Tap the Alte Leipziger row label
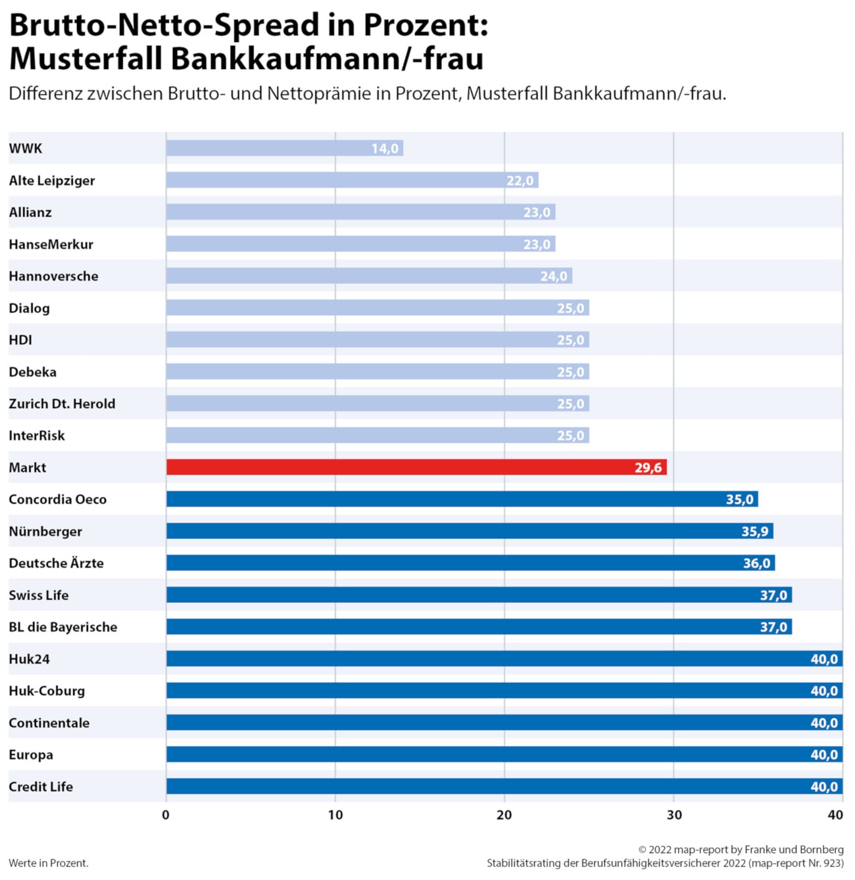[52, 181]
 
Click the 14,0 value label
[385, 149]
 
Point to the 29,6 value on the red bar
[648, 468]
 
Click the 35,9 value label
[755, 532]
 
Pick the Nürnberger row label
[45, 532]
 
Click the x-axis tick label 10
[335, 815]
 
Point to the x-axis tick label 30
[674, 815]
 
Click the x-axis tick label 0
[166, 815]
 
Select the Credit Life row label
[41, 787]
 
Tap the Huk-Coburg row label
[47, 691]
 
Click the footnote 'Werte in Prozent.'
[49, 863]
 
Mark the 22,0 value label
[520, 181]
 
